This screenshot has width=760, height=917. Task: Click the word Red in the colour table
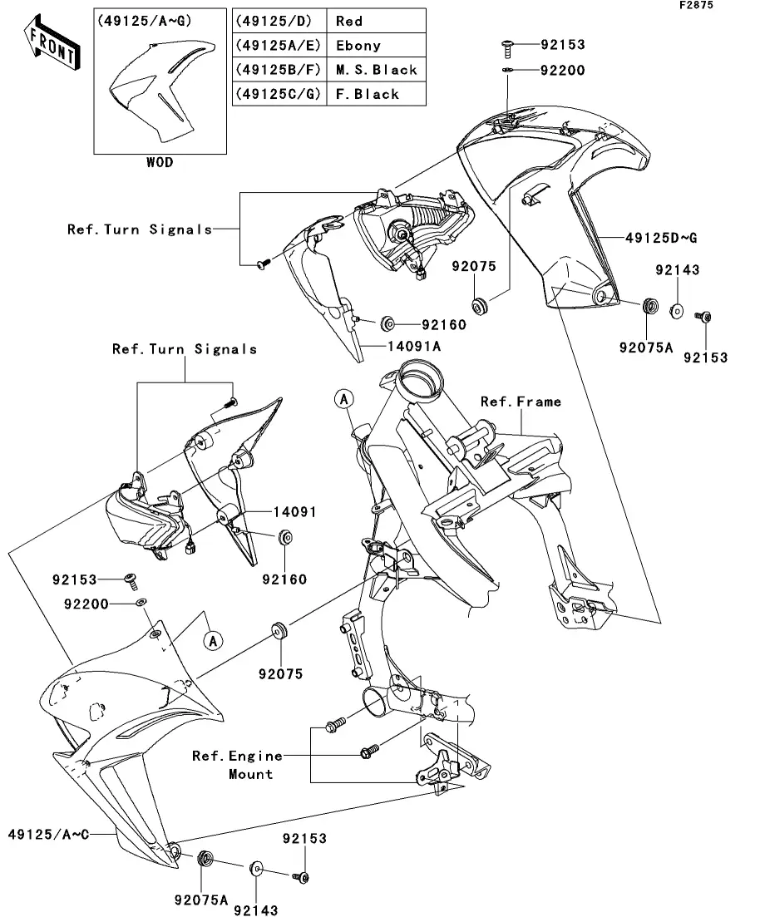tap(349, 22)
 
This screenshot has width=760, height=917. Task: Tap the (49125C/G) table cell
tap(279, 94)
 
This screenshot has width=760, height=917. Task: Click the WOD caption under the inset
tap(160, 163)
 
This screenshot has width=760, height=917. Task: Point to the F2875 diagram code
tap(696, 5)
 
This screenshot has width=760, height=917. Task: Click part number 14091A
tap(414, 346)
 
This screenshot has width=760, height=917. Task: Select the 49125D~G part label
tap(661, 238)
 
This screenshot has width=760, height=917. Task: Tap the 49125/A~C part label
tap(48, 835)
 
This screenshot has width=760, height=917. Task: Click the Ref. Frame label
tap(521, 402)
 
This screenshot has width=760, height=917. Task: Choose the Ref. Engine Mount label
tap(238, 765)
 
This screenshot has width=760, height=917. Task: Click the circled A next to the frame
tap(344, 399)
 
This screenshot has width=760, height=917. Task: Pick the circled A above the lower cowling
tap(213, 641)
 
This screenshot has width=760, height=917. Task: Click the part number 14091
tap(295, 512)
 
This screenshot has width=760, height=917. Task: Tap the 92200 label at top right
tap(562, 71)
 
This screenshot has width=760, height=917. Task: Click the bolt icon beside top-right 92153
tap(507, 48)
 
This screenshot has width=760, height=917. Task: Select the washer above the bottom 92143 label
tap(256, 869)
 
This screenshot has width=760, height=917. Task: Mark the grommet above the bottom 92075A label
tap(205, 859)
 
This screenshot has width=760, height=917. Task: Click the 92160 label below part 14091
tap(284, 579)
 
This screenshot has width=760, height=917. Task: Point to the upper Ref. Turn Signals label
tap(140, 229)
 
